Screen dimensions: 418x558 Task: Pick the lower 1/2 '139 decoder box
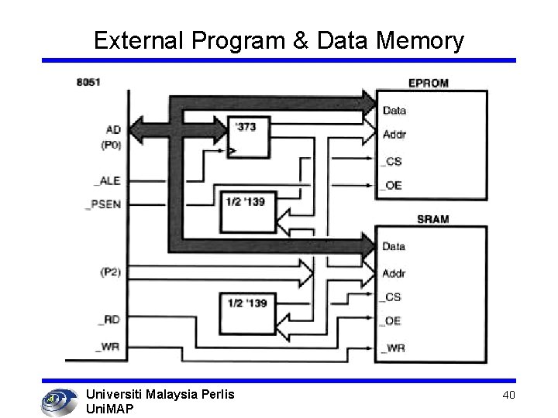click(x=247, y=311)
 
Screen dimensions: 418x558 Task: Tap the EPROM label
click(x=428, y=84)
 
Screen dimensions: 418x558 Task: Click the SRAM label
click(x=432, y=219)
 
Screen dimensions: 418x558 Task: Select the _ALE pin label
click(x=107, y=181)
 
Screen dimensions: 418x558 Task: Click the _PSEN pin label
click(x=104, y=205)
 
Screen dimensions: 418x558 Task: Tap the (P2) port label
click(x=109, y=272)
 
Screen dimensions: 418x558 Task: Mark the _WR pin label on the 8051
click(x=108, y=348)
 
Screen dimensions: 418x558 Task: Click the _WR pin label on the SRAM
click(x=393, y=348)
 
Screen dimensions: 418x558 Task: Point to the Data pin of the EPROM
click(x=394, y=111)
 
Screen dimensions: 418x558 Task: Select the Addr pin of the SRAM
click(x=394, y=273)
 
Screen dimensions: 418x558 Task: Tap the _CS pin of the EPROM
click(x=391, y=161)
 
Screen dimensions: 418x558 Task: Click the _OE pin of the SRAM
click(x=391, y=322)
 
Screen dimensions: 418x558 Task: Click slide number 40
click(x=508, y=396)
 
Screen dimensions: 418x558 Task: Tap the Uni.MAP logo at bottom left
click(x=57, y=400)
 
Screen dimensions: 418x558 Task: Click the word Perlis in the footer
click(x=213, y=395)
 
